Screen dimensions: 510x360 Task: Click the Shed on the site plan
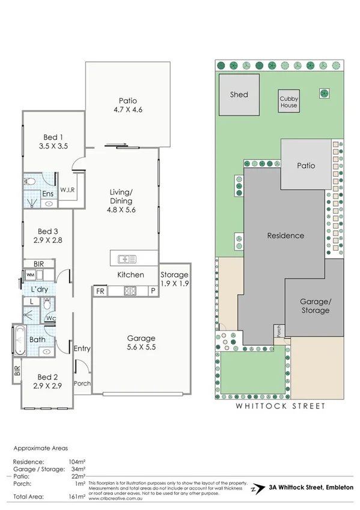tap(239, 95)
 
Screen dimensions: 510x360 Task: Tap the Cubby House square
tap(288, 102)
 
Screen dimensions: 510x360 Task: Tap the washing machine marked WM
tap(30, 274)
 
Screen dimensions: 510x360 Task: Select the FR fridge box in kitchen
tap(99, 292)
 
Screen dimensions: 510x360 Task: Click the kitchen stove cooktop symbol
tap(130, 291)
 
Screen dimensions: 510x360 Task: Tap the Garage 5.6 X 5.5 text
tap(141, 342)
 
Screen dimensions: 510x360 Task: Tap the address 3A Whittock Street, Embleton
tap(311, 487)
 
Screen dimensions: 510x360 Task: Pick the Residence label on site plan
tap(285, 236)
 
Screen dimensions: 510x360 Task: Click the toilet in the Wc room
tap(47, 305)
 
